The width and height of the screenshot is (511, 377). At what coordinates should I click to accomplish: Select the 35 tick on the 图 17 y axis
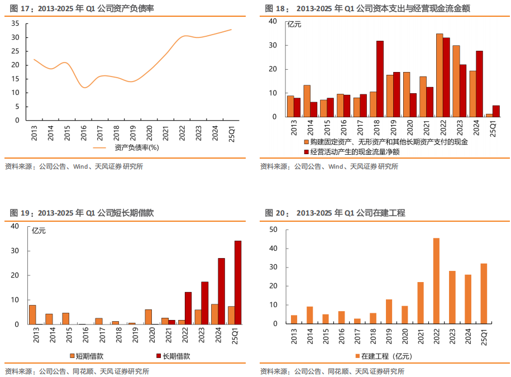[x=15, y=23]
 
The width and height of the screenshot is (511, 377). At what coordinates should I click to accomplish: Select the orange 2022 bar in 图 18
[x=439, y=75]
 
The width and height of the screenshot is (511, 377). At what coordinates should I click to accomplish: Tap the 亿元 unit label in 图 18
[x=294, y=24]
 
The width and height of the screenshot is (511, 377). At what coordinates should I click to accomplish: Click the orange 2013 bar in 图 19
[x=32, y=314]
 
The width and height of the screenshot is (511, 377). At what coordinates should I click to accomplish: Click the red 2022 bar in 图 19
[x=188, y=308]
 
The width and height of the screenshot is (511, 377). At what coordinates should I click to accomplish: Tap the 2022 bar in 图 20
[x=436, y=281]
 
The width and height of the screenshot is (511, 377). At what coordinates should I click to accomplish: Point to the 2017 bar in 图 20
[x=357, y=321]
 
